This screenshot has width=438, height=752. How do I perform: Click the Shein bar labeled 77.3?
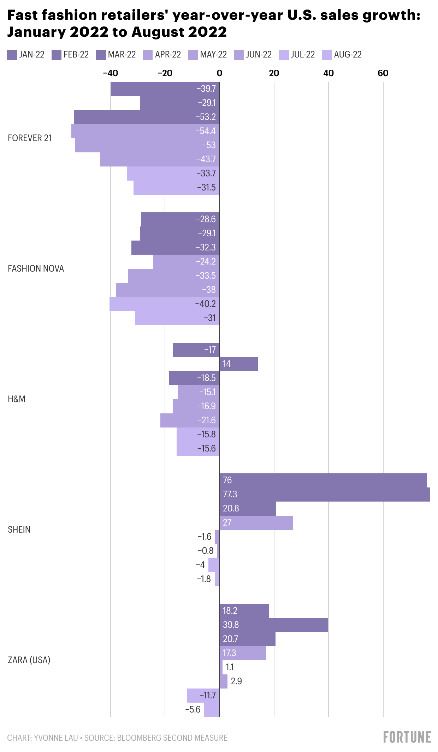(325, 494)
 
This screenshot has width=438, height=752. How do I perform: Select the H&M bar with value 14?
(239, 364)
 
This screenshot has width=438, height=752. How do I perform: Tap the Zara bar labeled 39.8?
(273, 625)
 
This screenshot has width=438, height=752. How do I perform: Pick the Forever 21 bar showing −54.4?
(145, 131)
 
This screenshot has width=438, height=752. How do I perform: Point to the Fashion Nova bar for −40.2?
(164, 304)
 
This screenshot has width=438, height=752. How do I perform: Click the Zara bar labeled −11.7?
(203, 695)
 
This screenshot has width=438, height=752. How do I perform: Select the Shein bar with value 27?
(256, 522)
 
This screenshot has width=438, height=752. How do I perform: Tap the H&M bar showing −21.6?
(190, 420)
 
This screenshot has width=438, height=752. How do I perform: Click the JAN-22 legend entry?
(26, 55)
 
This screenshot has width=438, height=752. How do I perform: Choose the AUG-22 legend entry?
(342, 55)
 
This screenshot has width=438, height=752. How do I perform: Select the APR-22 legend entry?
(162, 55)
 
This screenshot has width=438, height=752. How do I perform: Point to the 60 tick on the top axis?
(383, 73)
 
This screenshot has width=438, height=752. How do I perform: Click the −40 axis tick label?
(110, 73)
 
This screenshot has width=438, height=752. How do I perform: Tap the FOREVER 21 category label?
(30, 138)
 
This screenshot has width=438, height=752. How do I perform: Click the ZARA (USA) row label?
(29, 660)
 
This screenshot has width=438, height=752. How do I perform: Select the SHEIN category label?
(19, 529)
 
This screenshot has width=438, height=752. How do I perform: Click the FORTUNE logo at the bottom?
(407, 737)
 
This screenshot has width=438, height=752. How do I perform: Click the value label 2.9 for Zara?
(236, 681)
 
